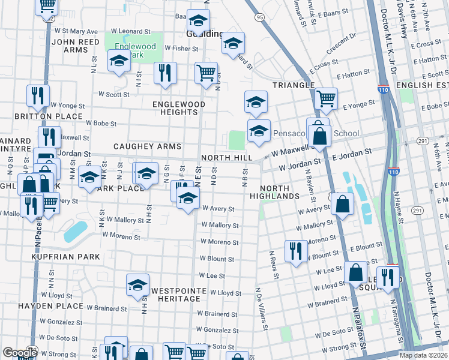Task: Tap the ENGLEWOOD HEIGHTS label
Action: coord(179,108)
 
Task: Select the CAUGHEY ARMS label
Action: coord(140,146)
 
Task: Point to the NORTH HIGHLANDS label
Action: coord(279,192)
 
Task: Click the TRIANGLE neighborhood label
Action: coord(294,85)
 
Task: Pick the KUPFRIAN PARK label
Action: coord(76,256)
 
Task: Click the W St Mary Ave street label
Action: coord(76,31)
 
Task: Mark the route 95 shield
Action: coord(259,18)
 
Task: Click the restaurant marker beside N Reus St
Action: coord(295,250)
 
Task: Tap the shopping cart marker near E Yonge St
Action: coord(326,98)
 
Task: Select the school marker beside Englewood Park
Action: coord(119,61)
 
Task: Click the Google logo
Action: coord(20,353)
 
